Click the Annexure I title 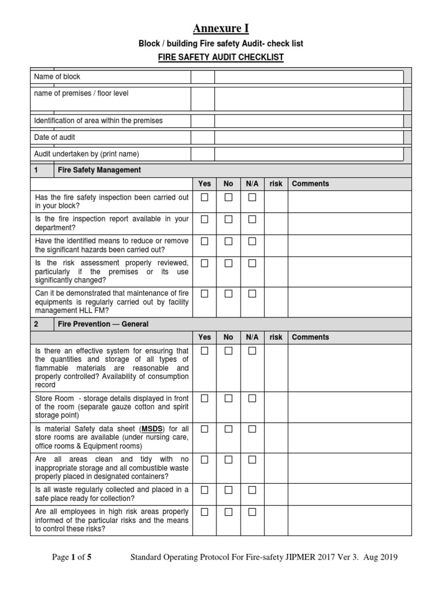tap(221, 28)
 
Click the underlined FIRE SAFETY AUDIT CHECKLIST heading tap(221, 58)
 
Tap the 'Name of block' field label tap(58, 77)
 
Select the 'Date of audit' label tap(55, 137)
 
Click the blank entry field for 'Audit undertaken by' tap(308, 154)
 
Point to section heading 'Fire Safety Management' tap(100, 170)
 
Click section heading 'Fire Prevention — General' tap(104, 324)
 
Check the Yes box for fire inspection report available tap(204, 219)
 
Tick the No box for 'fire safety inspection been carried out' tap(228, 197)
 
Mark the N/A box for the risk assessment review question tap(252, 263)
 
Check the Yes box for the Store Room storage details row tap(204, 398)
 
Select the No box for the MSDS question tap(228, 429)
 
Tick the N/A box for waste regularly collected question tap(252, 489)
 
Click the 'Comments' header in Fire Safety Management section tap(311, 183)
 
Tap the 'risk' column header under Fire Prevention tap(276, 337)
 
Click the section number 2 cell tap(37, 324)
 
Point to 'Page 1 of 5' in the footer tap(72, 557)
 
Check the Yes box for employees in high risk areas tap(204, 511)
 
